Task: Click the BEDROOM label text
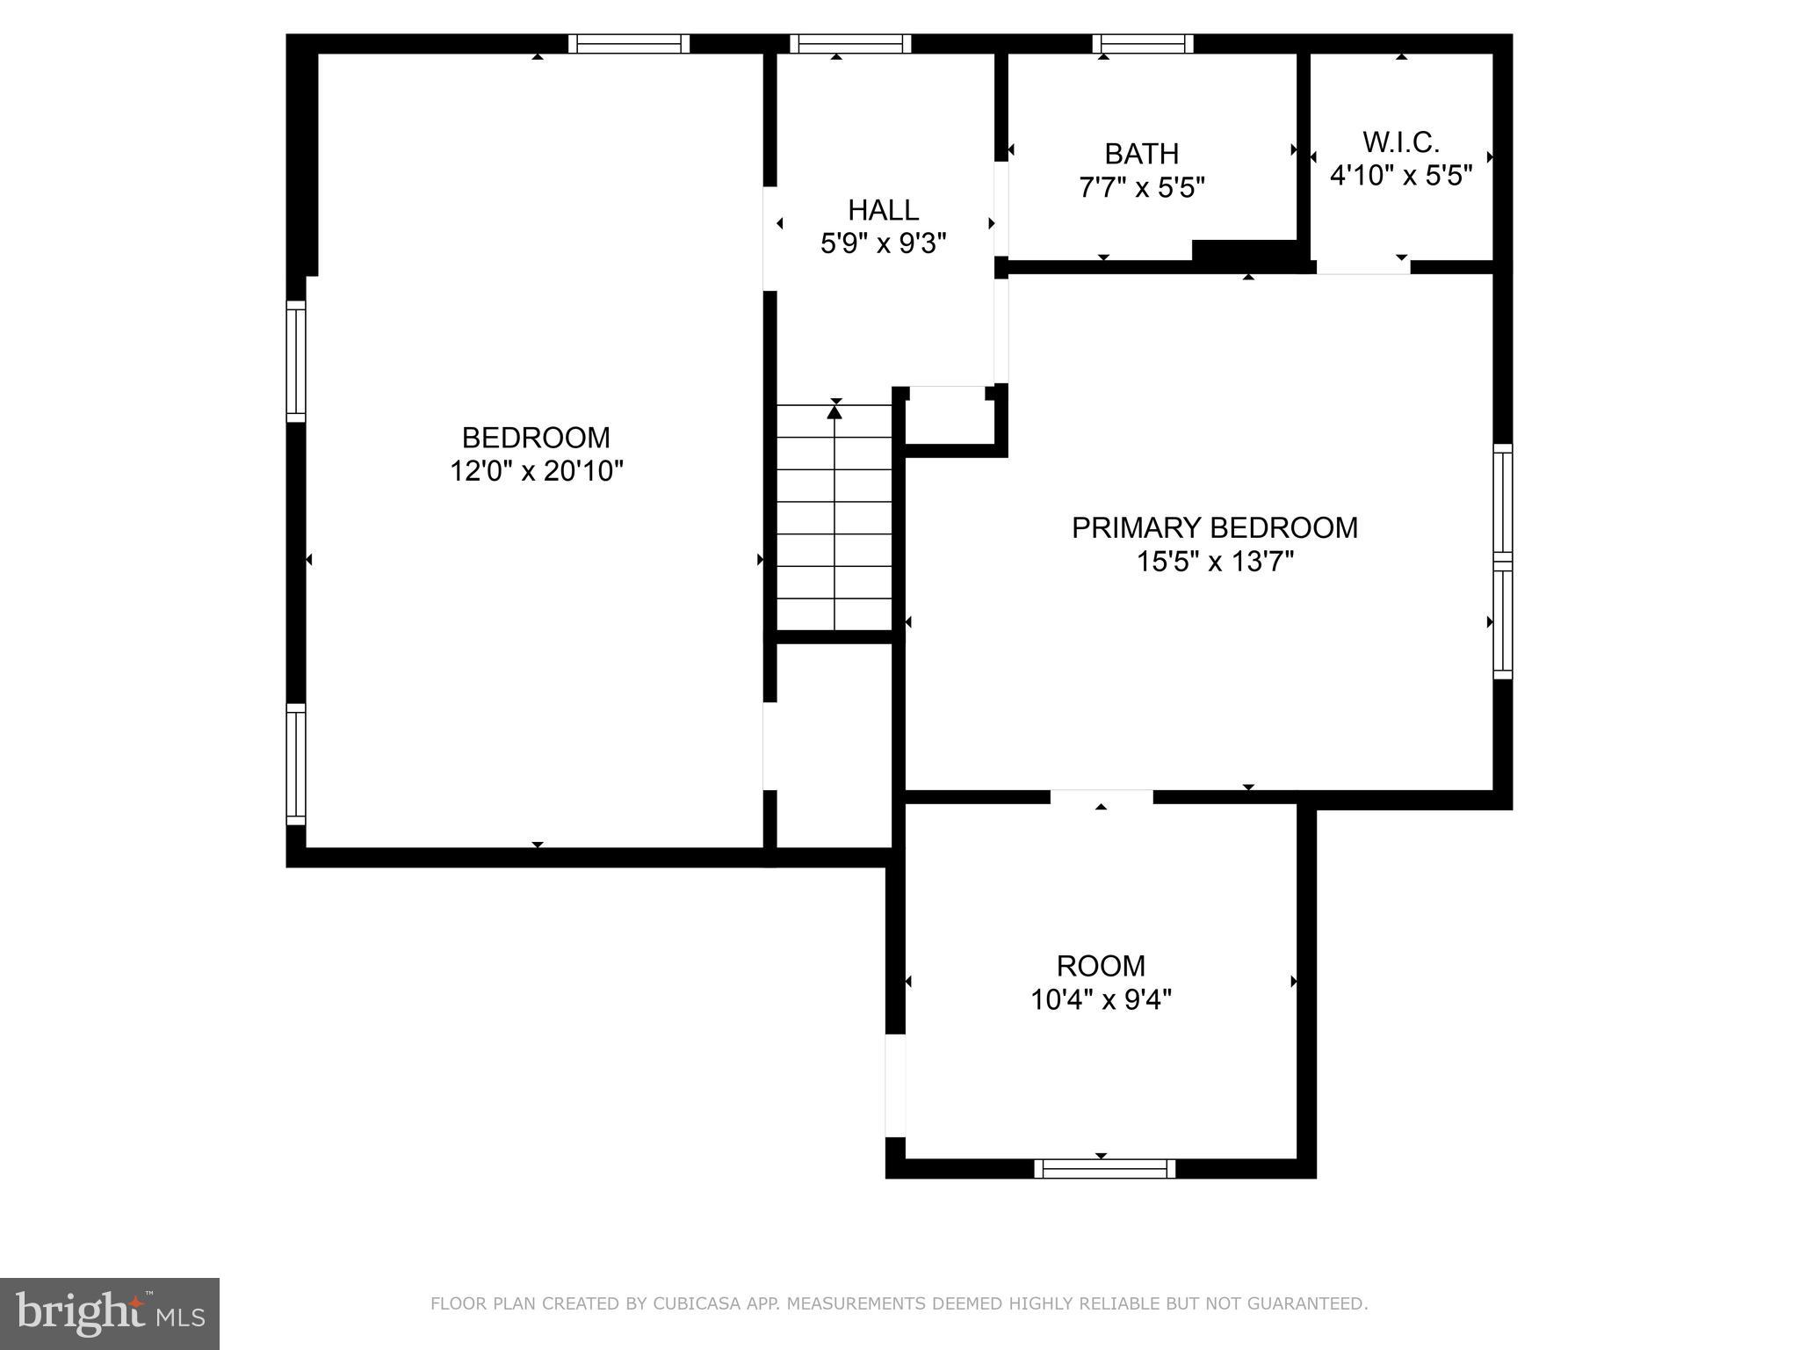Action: pos(536,437)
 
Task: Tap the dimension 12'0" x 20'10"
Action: pos(536,472)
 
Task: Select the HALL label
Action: pos(883,210)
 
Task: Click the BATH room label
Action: pos(1141,154)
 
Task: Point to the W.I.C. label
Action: pos(1401,142)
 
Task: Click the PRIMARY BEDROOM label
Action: pos(1214,527)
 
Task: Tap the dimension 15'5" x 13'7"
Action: pos(1215,562)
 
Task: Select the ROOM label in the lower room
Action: pos(1101,966)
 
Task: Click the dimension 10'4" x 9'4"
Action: pos(1101,1000)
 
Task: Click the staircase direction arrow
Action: pos(834,411)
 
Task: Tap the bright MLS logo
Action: pos(110,1314)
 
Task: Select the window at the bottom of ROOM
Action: pos(1104,1168)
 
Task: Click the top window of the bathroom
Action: pos(1142,44)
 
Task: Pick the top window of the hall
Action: pos(849,44)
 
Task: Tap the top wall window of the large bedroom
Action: pos(628,44)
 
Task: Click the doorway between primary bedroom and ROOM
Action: pos(1102,797)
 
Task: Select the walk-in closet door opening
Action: pos(1362,267)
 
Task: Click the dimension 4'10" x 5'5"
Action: pos(1401,176)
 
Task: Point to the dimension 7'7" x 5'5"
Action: pos(1141,187)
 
